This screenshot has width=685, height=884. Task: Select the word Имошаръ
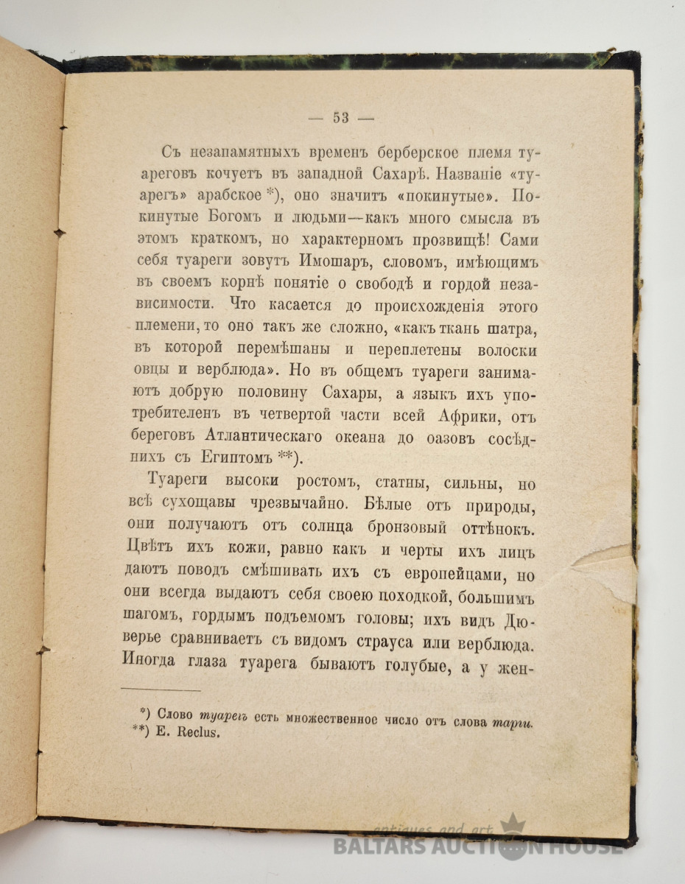304,262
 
